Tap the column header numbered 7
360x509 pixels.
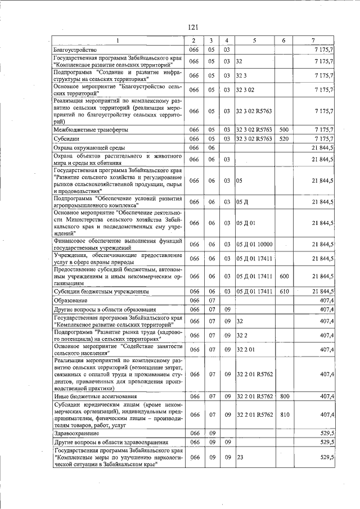313,40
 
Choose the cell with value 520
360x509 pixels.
283,138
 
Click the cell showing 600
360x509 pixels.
283,276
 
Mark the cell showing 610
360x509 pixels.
283,292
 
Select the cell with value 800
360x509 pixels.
283,397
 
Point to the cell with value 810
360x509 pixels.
283,415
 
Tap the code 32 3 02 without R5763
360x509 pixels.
246,90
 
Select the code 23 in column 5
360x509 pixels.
240,458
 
